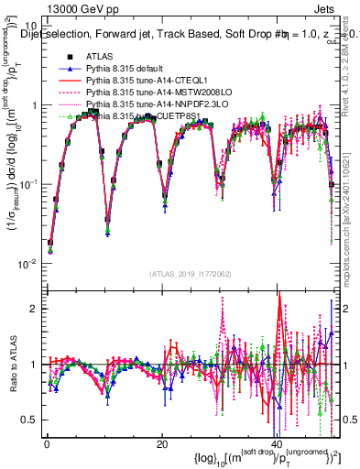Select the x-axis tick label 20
point(162,444)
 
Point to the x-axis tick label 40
point(278,444)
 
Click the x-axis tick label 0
point(47,444)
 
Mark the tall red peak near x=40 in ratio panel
point(279,322)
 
